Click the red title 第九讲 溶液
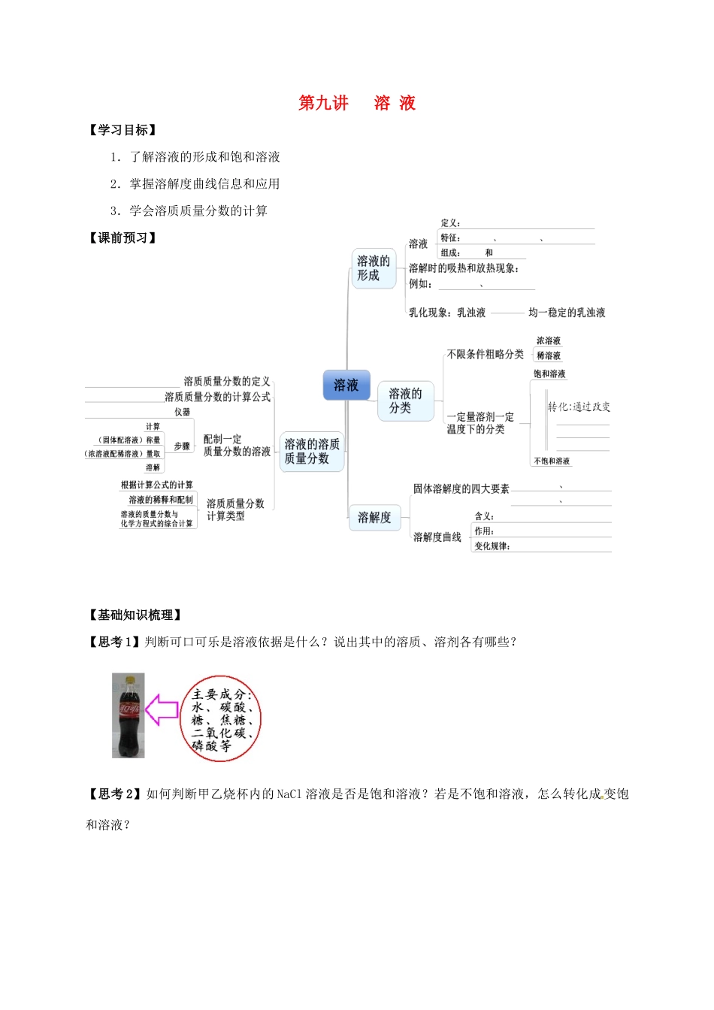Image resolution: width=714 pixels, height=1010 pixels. point(357,103)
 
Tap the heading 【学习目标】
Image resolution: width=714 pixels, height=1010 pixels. point(123,130)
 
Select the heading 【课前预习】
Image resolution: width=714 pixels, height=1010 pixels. point(123,238)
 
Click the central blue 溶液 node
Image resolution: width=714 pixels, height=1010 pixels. point(346,385)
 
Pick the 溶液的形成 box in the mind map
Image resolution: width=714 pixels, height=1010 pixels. point(374,268)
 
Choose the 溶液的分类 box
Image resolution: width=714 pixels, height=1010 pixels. point(405,400)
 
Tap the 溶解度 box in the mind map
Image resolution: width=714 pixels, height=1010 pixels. point(374,517)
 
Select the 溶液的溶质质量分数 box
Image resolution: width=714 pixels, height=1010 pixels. point(312,451)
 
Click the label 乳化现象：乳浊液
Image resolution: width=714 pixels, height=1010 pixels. point(447,313)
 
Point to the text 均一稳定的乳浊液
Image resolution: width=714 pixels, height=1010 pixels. point(567,313)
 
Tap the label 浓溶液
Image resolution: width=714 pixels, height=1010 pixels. point(549,340)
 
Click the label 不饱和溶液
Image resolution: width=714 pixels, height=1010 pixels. point(552,461)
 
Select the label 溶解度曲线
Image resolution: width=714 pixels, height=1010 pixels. point(437,537)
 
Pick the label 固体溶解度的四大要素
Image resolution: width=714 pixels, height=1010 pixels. point(461,488)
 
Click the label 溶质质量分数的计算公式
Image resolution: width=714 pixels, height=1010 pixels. point(218,397)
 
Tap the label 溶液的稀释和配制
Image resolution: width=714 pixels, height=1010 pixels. point(161,499)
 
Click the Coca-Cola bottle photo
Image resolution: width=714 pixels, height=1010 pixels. point(129,715)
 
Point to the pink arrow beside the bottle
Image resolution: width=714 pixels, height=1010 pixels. point(162,709)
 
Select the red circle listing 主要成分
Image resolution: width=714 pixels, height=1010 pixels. point(221,719)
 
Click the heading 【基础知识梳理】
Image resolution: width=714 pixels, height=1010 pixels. point(135,615)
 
